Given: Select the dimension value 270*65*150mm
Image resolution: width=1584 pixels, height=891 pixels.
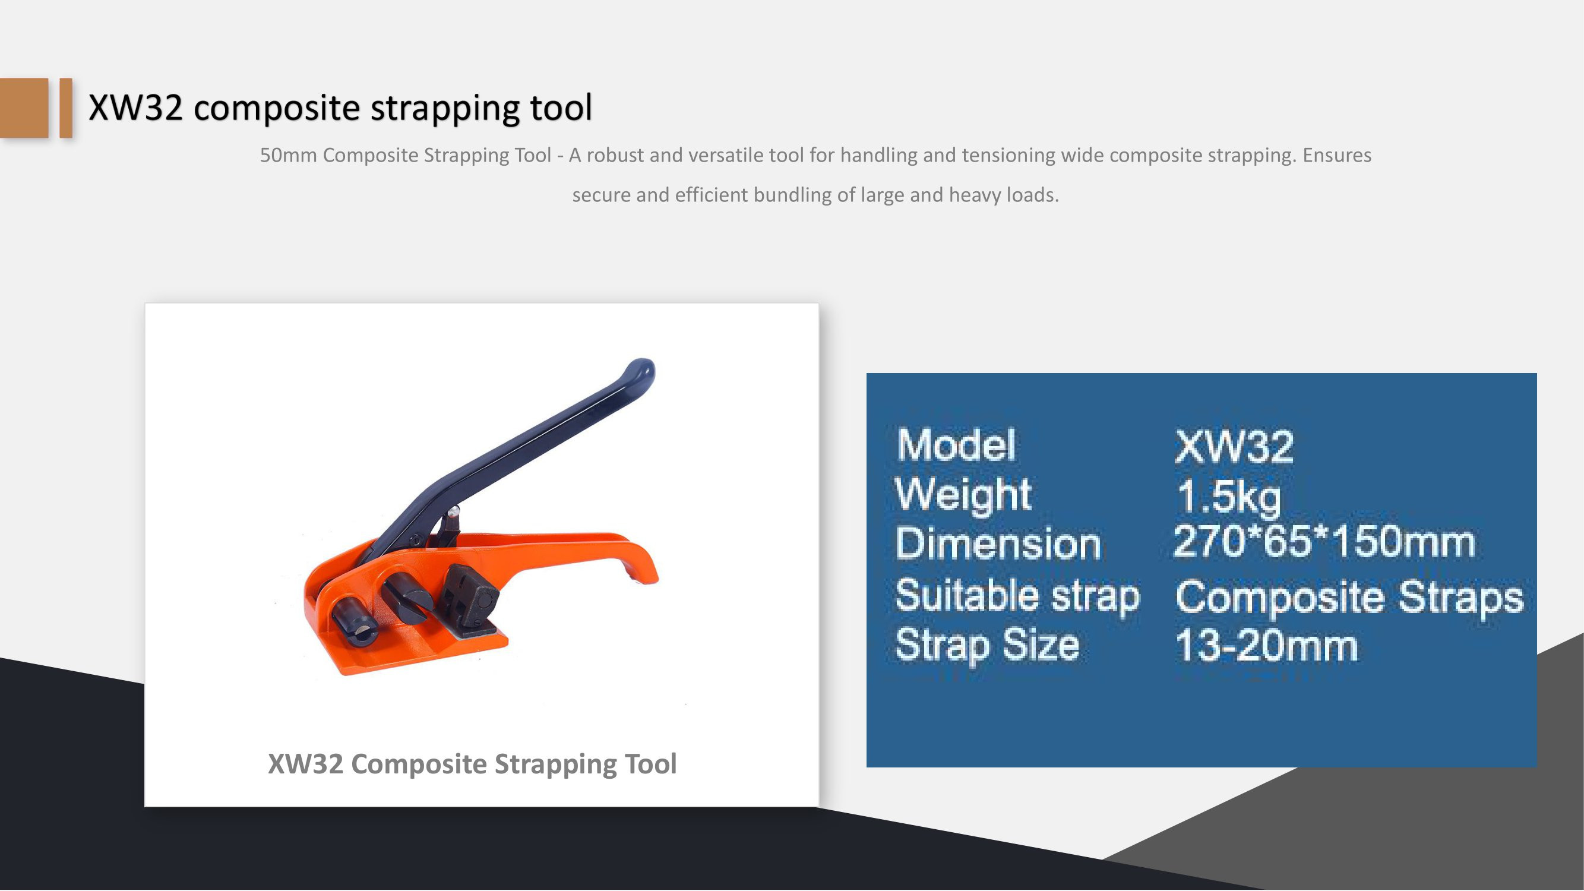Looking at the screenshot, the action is (1324, 542).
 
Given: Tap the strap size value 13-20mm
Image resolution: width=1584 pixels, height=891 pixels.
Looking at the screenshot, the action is (1266, 646).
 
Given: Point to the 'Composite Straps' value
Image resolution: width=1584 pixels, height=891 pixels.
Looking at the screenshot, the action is (1349, 597).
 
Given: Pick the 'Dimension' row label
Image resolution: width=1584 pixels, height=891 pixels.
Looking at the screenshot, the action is (997, 544).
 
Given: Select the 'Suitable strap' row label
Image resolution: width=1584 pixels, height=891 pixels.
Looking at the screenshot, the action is (1017, 596).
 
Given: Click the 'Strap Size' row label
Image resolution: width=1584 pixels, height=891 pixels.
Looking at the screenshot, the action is (987, 646).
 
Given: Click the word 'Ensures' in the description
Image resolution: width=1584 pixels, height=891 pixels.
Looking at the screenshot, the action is (1337, 155).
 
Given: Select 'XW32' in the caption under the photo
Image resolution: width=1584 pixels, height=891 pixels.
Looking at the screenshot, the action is (306, 764).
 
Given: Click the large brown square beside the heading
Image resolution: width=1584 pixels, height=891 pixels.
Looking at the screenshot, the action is (24, 108).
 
